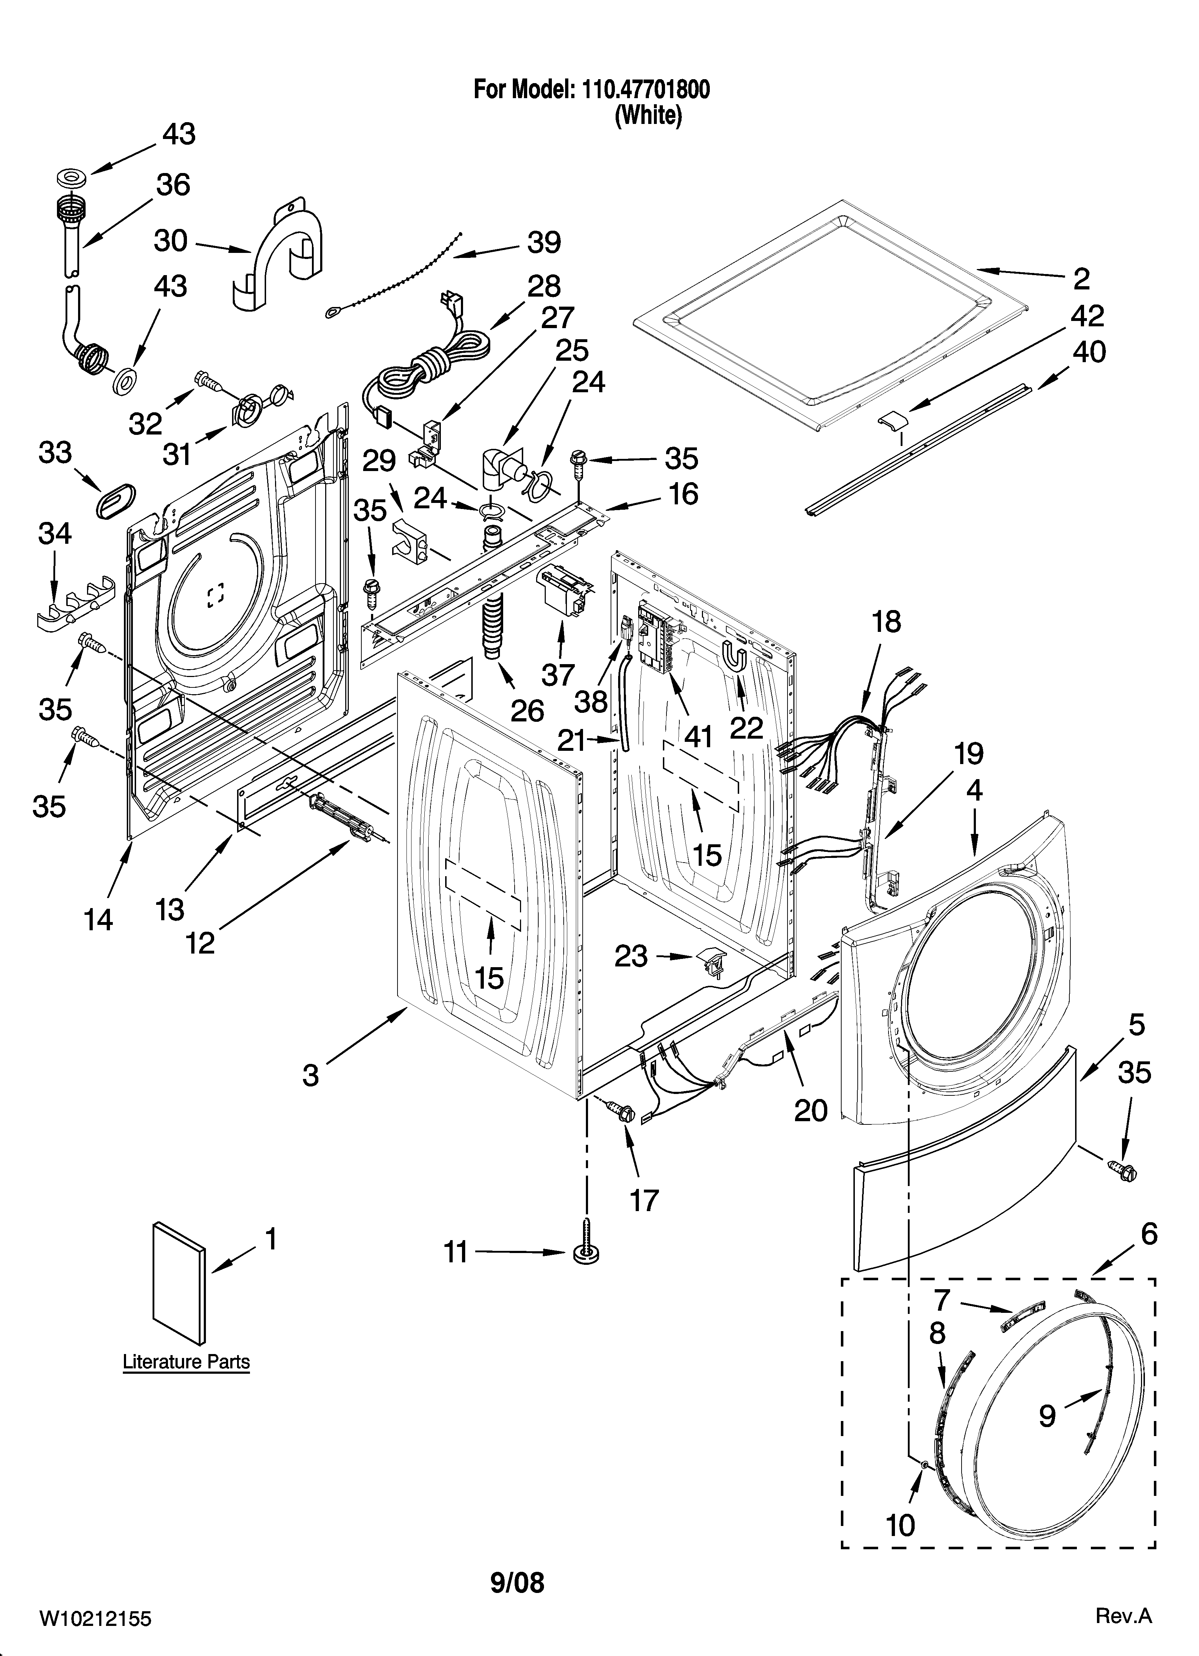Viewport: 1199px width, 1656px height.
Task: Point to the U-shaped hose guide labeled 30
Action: (281, 252)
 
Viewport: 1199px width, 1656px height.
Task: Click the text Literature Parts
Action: (186, 1362)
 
